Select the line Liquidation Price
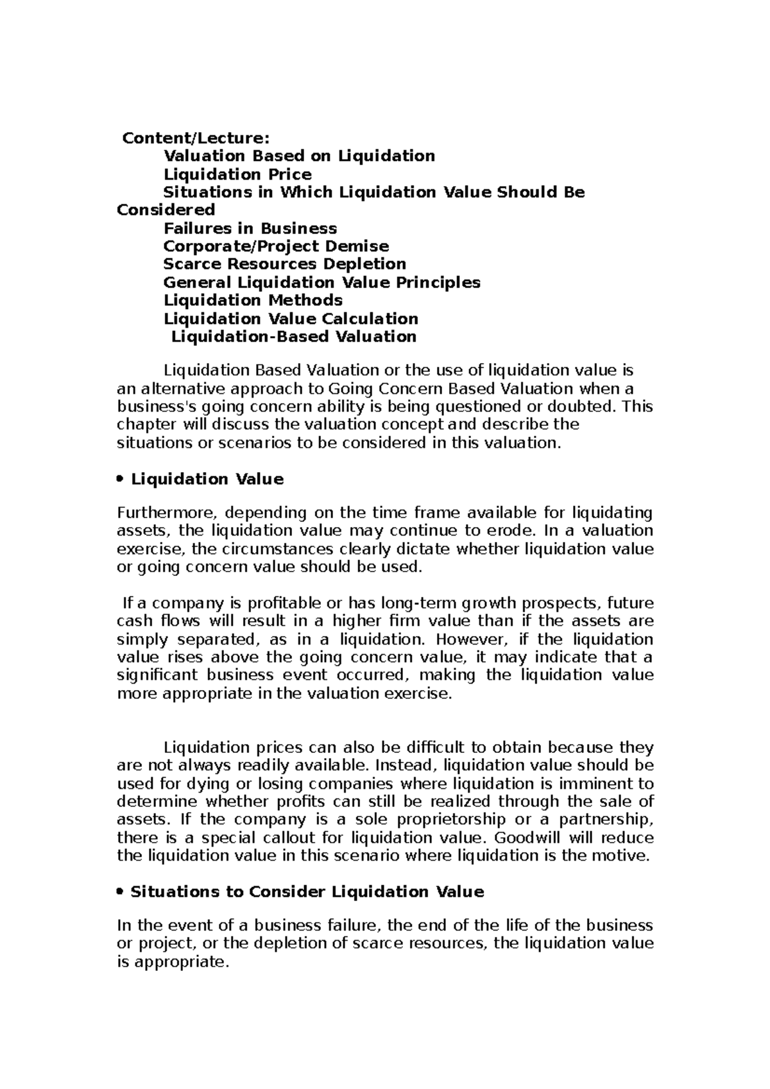(x=237, y=174)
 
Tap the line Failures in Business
(x=250, y=228)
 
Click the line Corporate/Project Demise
(x=276, y=246)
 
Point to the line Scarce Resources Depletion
(x=284, y=264)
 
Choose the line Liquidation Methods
(x=253, y=300)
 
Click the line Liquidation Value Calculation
(x=291, y=319)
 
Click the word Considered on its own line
(x=166, y=210)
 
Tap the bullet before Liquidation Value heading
(x=121, y=480)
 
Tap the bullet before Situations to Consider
(x=121, y=892)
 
